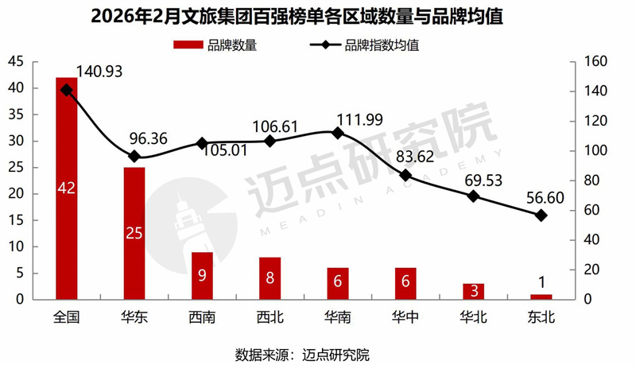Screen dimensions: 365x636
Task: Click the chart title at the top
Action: pos(318,17)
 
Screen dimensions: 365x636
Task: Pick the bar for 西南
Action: pos(202,275)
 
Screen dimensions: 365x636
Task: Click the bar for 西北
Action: pos(270,278)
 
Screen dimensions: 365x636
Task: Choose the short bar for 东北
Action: pos(541,297)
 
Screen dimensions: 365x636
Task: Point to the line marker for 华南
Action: pos(337,133)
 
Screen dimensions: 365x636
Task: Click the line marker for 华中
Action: pos(405,175)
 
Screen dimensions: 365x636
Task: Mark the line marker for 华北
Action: pos(473,196)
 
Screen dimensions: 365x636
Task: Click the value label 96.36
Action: pos(148,138)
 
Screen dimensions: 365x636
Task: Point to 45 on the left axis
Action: pos(16,61)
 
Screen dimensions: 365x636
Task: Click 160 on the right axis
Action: pos(596,61)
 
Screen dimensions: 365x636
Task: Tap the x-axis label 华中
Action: pos(405,316)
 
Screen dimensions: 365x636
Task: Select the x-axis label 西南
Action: pos(202,316)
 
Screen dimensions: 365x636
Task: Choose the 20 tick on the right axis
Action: pos(593,270)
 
